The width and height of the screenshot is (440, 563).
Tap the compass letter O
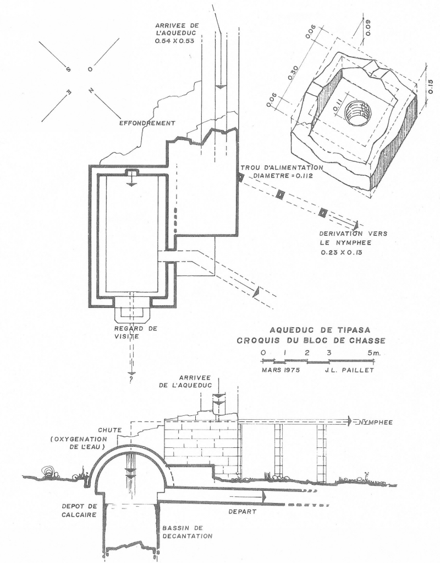pos(91,70)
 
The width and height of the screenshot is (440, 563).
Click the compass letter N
pos(89,90)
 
